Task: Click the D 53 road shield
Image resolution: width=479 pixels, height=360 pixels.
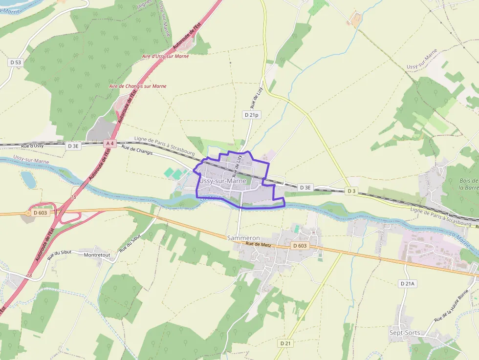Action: click(x=16, y=63)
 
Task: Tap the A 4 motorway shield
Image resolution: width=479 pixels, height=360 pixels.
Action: click(x=109, y=144)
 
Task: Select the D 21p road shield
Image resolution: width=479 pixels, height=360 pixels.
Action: click(x=251, y=115)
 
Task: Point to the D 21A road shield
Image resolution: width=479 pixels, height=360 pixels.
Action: click(x=407, y=283)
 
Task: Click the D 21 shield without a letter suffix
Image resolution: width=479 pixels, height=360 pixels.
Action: click(x=285, y=343)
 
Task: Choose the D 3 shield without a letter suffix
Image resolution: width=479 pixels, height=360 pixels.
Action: click(x=350, y=191)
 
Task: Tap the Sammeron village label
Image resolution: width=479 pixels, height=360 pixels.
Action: click(x=243, y=238)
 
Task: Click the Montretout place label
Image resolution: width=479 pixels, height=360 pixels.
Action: click(x=97, y=255)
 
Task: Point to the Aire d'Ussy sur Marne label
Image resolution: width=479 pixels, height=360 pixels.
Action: click(x=165, y=56)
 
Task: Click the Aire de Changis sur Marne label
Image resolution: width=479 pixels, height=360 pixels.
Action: click(x=138, y=86)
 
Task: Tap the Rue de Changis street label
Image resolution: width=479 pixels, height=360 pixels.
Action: click(x=137, y=150)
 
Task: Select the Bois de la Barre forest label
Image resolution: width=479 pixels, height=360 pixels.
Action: click(x=469, y=184)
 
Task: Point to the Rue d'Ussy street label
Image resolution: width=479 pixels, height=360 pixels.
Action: click(x=32, y=146)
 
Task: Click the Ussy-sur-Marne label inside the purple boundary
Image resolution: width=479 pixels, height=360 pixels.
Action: click(x=222, y=181)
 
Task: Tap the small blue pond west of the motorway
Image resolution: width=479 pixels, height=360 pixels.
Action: click(x=28, y=179)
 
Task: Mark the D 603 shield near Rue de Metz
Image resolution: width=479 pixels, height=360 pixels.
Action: click(x=300, y=246)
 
